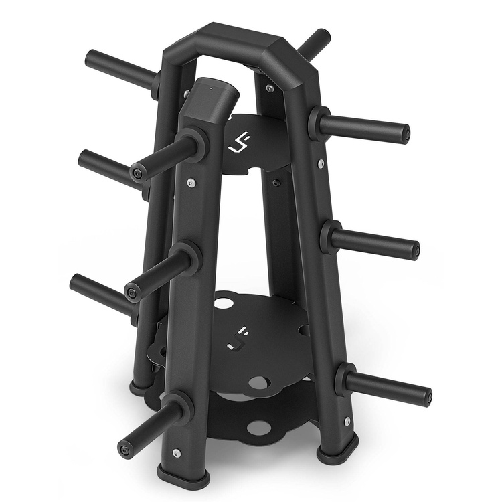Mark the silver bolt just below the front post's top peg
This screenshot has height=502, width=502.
193,183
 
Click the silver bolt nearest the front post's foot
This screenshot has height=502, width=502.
175,453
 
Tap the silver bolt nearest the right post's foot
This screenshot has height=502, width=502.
347,421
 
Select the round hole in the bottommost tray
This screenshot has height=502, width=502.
256,426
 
